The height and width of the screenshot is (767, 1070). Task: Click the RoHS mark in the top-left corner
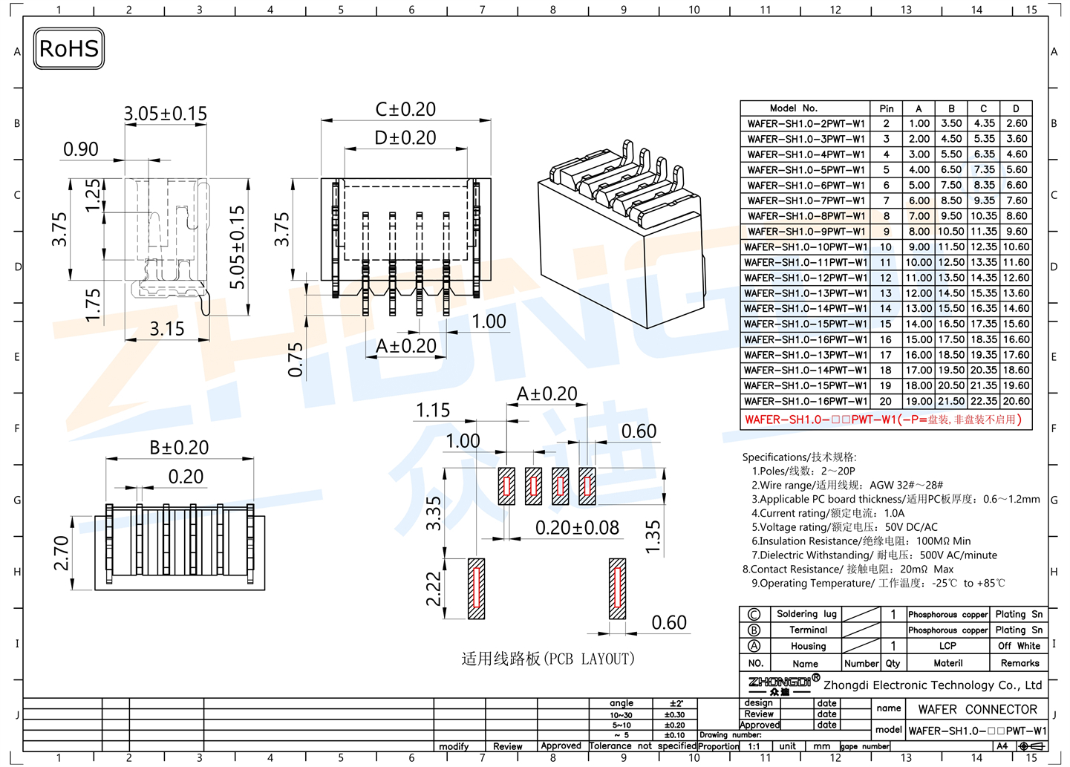[69, 49]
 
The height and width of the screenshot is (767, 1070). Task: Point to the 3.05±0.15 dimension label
[165, 114]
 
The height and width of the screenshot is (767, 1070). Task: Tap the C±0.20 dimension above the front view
[405, 109]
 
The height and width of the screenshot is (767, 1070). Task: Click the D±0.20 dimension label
[405, 137]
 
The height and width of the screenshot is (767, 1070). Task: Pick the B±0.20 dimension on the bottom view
[179, 448]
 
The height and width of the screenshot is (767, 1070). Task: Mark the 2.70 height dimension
[61, 553]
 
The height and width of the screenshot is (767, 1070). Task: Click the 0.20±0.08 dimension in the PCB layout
[577, 528]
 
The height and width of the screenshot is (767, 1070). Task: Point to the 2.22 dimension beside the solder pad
[434, 589]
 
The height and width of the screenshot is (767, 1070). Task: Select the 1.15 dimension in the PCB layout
[433, 411]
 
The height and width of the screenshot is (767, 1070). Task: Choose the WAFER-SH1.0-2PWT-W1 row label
[806, 124]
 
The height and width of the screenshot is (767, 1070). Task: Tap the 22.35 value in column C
[984, 402]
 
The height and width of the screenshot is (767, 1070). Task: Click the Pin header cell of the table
[886, 108]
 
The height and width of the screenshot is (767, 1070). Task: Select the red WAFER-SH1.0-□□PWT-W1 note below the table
[884, 420]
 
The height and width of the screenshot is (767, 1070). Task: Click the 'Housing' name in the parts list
[808, 647]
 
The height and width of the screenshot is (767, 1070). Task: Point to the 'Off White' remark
[1019, 647]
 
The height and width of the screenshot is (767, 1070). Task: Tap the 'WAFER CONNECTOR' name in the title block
[977, 710]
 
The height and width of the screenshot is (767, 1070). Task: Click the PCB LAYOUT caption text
[548, 659]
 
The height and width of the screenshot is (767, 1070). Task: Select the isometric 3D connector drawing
[620, 234]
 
